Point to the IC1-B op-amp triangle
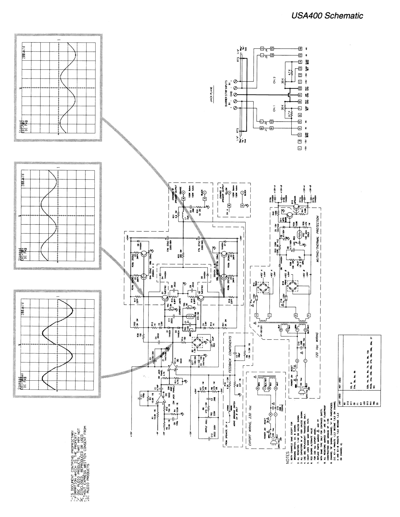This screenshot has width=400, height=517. coord(159,405)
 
